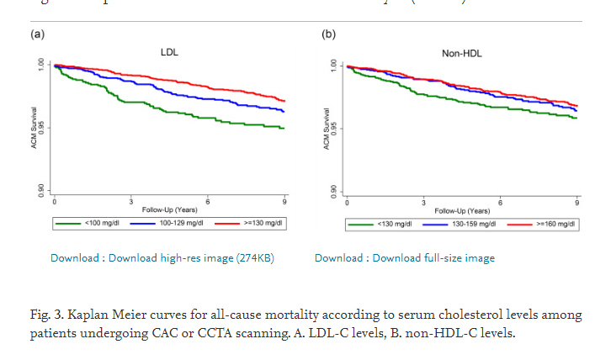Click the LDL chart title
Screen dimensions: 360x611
pyautogui.click(x=169, y=53)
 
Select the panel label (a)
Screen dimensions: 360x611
pyautogui.click(x=37, y=34)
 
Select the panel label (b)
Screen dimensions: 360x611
pyautogui.click(x=328, y=34)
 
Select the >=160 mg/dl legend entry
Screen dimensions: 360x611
pyautogui.click(x=553, y=225)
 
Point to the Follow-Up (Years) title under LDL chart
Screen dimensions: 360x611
pyautogui.click(x=169, y=209)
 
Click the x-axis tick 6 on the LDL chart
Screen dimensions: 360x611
pyautogui.click(x=208, y=201)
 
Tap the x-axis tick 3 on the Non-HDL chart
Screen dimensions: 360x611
pyautogui.click(x=423, y=203)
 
